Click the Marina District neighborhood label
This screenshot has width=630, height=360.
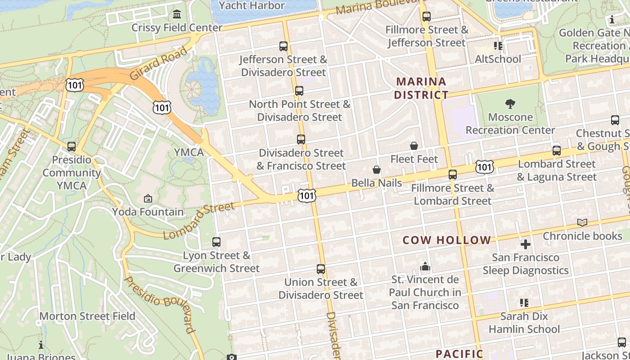click(421, 88)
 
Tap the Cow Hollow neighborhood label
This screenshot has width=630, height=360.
click(446, 240)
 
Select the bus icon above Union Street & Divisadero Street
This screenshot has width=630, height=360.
click(321, 269)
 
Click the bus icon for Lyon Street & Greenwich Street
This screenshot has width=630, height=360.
click(216, 242)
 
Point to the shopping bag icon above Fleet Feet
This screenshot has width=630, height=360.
click(414, 146)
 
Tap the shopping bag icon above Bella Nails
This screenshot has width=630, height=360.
click(377, 170)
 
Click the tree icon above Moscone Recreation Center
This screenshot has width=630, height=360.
click(510, 104)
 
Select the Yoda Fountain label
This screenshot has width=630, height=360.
click(148, 211)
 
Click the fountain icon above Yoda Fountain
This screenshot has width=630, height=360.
click(148, 198)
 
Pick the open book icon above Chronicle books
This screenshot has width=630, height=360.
click(582, 222)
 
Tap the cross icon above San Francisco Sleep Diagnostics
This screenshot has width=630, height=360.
click(526, 244)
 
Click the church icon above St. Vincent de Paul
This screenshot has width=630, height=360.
click(425, 267)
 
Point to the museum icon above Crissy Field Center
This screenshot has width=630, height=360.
click(177, 14)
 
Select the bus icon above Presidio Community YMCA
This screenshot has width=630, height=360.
click(71, 147)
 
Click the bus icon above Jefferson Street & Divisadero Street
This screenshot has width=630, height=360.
click(283, 46)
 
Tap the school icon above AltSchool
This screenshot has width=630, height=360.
click(498, 45)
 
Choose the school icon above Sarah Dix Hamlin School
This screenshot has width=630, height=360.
click(524, 303)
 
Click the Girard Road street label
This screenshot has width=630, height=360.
click(158, 63)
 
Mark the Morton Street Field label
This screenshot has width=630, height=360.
click(87, 316)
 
